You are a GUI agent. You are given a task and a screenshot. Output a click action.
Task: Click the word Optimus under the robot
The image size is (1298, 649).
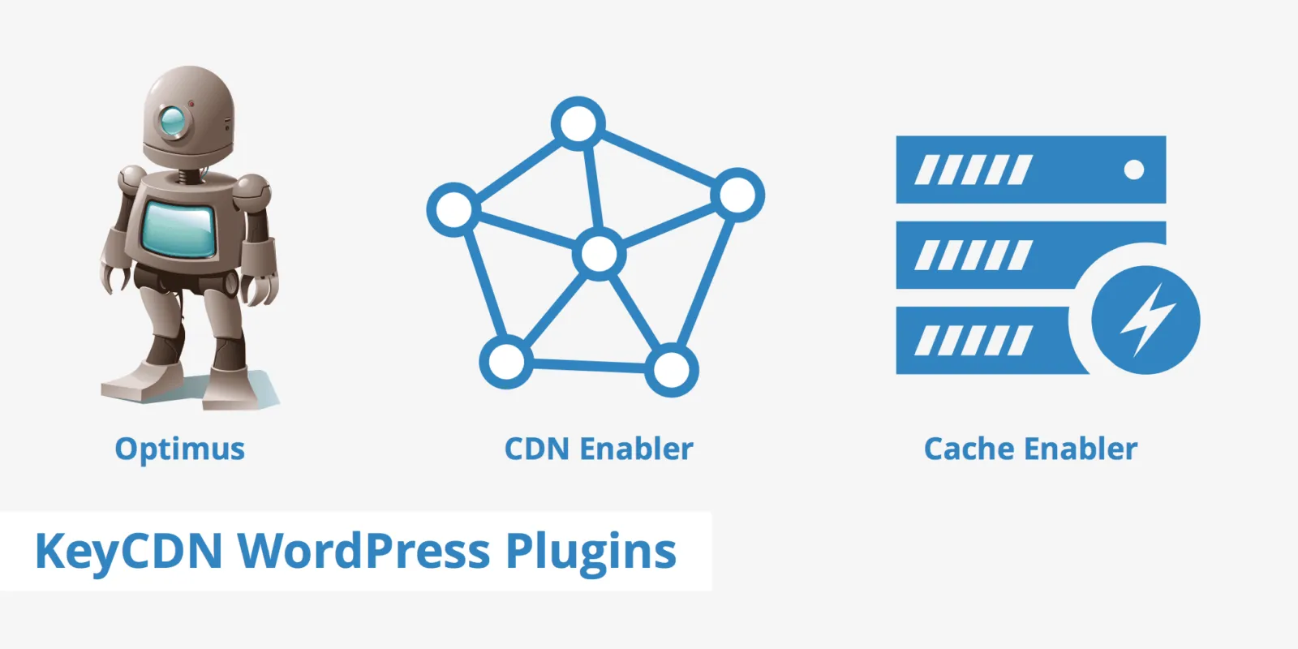pyautogui.click(x=179, y=449)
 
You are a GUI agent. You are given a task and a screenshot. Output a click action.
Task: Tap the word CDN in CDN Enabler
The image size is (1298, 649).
pyautogui.click(x=536, y=449)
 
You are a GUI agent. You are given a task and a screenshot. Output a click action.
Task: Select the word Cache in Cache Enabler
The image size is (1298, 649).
pyautogui.click(x=969, y=449)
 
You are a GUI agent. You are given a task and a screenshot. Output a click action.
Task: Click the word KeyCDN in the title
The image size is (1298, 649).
pyautogui.click(x=128, y=552)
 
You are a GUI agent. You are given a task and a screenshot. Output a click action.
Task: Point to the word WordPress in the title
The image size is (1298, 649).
pyautogui.click(x=363, y=552)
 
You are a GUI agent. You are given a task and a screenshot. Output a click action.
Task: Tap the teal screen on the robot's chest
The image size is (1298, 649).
pyautogui.click(x=179, y=229)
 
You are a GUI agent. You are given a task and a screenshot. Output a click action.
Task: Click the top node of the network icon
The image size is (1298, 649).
pyautogui.click(x=578, y=124)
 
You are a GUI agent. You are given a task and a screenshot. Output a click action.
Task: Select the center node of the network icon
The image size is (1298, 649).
pyautogui.click(x=599, y=255)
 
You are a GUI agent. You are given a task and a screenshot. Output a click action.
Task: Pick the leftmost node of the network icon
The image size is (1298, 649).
pyautogui.click(x=453, y=209)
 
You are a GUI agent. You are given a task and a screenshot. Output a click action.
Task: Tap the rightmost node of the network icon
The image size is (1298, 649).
pyautogui.click(x=737, y=195)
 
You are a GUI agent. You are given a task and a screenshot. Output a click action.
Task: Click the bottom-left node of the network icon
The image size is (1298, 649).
pyautogui.click(x=506, y=361)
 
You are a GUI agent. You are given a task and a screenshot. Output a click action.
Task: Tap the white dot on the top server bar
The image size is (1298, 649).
pyautogui.click(x=1134, y=170)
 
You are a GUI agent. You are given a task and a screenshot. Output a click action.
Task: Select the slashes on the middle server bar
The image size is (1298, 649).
pyautogui.click(x=973, y=256)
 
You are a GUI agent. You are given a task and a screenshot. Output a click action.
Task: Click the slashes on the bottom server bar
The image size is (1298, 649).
pyautogui.click(x=973, y=341)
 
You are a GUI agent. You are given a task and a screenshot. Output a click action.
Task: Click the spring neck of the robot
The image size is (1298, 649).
pyautogui.click(x=188, y=174)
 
